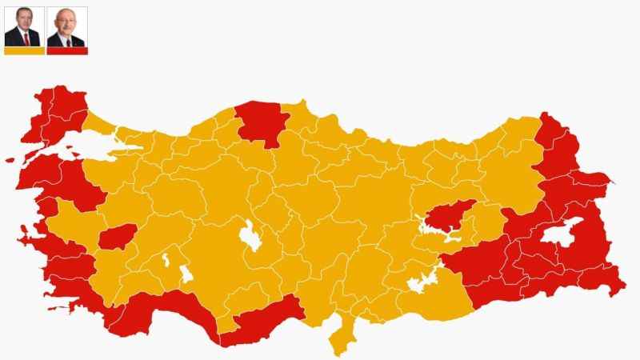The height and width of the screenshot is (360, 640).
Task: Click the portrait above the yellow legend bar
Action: [24, 26]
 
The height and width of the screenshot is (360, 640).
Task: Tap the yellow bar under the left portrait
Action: [24, 50]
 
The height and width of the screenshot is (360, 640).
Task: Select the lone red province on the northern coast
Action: [261, 122]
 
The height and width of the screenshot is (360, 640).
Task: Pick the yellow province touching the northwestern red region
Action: [98, 124]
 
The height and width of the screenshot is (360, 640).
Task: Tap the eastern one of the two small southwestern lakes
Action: [186, 274]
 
